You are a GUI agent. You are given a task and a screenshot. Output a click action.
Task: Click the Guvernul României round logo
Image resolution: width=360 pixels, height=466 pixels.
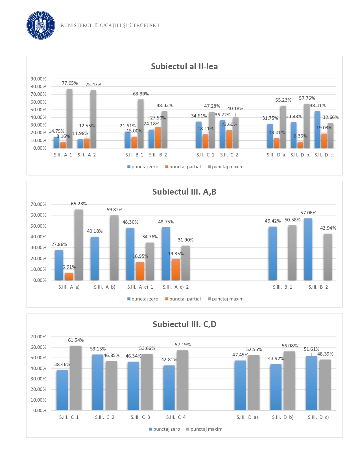(41, 25)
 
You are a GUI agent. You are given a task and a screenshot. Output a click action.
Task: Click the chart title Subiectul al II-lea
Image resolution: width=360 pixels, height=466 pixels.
(184, 66)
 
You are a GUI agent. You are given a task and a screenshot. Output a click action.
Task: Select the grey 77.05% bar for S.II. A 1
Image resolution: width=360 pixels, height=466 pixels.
(69, 119)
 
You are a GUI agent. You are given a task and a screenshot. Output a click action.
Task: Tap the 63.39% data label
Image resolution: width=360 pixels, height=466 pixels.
(141, 94)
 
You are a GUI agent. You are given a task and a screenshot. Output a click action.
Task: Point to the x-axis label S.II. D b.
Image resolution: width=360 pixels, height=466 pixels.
(300, 155)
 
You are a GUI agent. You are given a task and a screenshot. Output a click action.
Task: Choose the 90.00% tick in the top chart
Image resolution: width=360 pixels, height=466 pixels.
(38, 79)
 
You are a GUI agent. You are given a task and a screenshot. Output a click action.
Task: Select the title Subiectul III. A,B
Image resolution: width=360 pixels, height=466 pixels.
(184, 192)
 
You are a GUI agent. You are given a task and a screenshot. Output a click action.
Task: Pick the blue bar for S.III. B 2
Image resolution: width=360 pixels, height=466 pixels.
(308, 249)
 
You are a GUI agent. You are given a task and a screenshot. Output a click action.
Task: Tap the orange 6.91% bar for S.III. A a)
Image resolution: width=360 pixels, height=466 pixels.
(69, 276)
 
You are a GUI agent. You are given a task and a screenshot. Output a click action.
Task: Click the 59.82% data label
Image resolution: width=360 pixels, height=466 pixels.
(114, 210)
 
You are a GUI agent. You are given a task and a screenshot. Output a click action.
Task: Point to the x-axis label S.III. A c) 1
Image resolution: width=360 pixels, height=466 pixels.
(140, 287)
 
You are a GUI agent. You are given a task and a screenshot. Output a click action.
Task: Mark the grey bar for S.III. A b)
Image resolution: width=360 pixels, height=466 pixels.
(114, 248)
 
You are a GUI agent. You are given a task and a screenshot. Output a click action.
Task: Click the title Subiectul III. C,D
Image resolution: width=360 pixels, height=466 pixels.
(184, 324)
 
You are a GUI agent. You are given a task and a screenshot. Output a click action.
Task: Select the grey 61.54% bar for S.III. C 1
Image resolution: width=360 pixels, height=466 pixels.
(76, 378)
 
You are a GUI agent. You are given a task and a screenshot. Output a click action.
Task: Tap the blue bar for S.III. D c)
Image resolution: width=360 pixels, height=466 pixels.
(311, 383)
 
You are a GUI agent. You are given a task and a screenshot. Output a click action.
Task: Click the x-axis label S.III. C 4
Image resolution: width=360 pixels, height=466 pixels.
(176, 417)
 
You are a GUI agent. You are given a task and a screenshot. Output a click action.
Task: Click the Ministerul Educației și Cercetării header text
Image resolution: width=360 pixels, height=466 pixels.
(110, 25)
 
